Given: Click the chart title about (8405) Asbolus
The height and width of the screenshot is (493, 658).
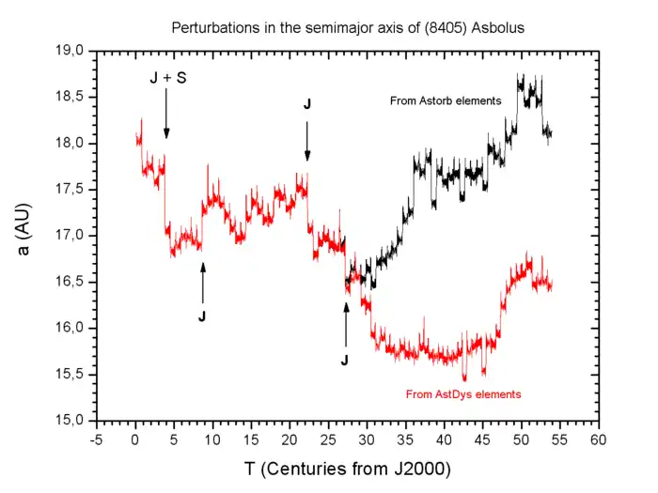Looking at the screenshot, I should coord(347,28).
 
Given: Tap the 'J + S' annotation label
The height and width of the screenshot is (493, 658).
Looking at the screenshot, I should coord(168,79).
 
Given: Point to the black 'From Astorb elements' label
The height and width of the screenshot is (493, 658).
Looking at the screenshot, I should coord(446,100).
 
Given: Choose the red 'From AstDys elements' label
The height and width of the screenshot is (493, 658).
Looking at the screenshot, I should coord(462,394).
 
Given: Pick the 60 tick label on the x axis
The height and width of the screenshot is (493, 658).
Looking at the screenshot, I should coord(598,439).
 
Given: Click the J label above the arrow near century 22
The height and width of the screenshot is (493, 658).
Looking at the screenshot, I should coord(306,104).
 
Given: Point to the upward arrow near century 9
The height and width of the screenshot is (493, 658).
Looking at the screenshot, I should coord(202,282).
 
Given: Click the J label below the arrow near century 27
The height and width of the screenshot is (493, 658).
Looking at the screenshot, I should coord(345,360).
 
